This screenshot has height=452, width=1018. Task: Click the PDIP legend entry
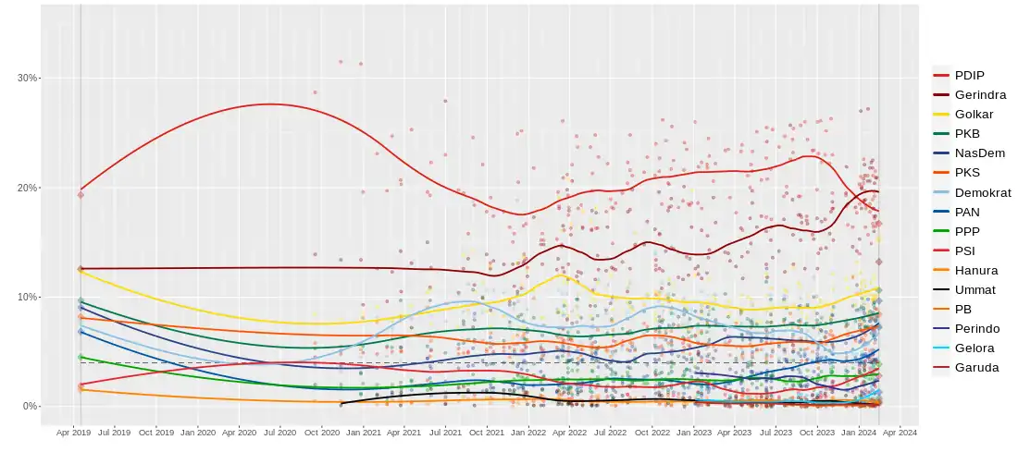968,75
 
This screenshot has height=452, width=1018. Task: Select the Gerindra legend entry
979,94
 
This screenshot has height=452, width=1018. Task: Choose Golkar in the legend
973,114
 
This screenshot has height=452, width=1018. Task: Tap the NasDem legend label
979,153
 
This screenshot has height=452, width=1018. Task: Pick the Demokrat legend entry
983,192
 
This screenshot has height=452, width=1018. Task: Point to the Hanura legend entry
975,270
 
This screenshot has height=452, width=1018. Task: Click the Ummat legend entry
975,289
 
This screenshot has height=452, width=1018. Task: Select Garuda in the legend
975,367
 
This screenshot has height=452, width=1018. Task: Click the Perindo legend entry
976,328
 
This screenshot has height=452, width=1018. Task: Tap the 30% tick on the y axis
28,78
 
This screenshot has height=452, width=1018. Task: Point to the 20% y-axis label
28,188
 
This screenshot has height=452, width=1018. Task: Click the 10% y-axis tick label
28,297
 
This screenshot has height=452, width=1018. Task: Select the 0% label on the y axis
31,406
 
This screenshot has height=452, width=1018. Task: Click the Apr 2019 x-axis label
73,432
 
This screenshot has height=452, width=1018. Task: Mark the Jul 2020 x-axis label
280,432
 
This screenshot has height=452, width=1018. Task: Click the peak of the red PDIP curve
268,104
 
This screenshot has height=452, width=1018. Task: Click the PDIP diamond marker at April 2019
81,195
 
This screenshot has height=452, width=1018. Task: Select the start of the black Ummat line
341,403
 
